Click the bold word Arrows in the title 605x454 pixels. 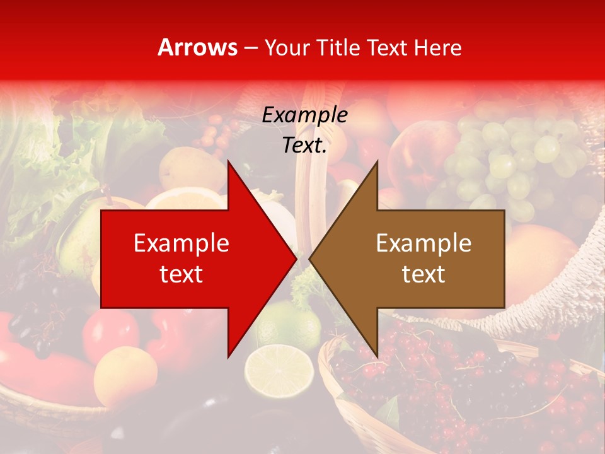pyautogui.click(x=198, y=48)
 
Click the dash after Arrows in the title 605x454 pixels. pyautogui.click(x=251, y=49)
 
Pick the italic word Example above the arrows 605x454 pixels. pyautogui.click(x=304, y=115)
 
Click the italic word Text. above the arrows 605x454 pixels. pyautogui.click(x=304, y=145)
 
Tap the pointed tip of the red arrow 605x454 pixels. pyautogui.click(x=296, y=259)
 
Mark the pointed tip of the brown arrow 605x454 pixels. pyautogui.click(x=309, y=259)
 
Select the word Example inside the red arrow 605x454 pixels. pyautogui.click(x=181, y=243)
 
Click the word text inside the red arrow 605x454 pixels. pyautogui.click(x=181, y=274)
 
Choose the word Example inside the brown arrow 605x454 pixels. pyautogui.click(x=423, y=243)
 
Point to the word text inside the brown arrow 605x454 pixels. pyautogui.click(x=423, y=274)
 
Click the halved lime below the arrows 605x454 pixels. pyautogui.click(x=279, y=368)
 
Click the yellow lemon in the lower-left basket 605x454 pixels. pyautogui.click(x=125, y=376)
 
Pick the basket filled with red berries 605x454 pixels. pyautogui.click(x=460, y=391)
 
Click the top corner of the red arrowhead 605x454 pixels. pyautogui.click(x=228, y=161)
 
